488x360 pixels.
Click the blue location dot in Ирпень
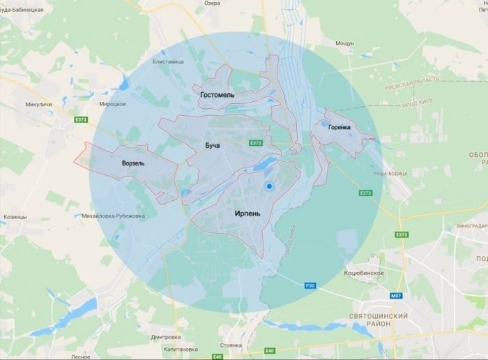pyautogui.click(x=268, y=187)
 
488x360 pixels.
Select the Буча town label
pyautogui.click(x=212, y=145)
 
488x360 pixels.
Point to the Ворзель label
pyautogui.click(x=132, y=163)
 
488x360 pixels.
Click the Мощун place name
pyautogui.click(x=344, y=43)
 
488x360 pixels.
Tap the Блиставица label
pyautogui.click(x=168, y=62)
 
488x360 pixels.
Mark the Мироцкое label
pyautogui.click(x=112, y=104)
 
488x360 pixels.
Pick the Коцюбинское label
pyautogui.click(x=364, y=273)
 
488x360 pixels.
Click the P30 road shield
pyautogui.click(x=310, y=285)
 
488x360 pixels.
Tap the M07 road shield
pyautogui.click(x=395, y=297)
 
